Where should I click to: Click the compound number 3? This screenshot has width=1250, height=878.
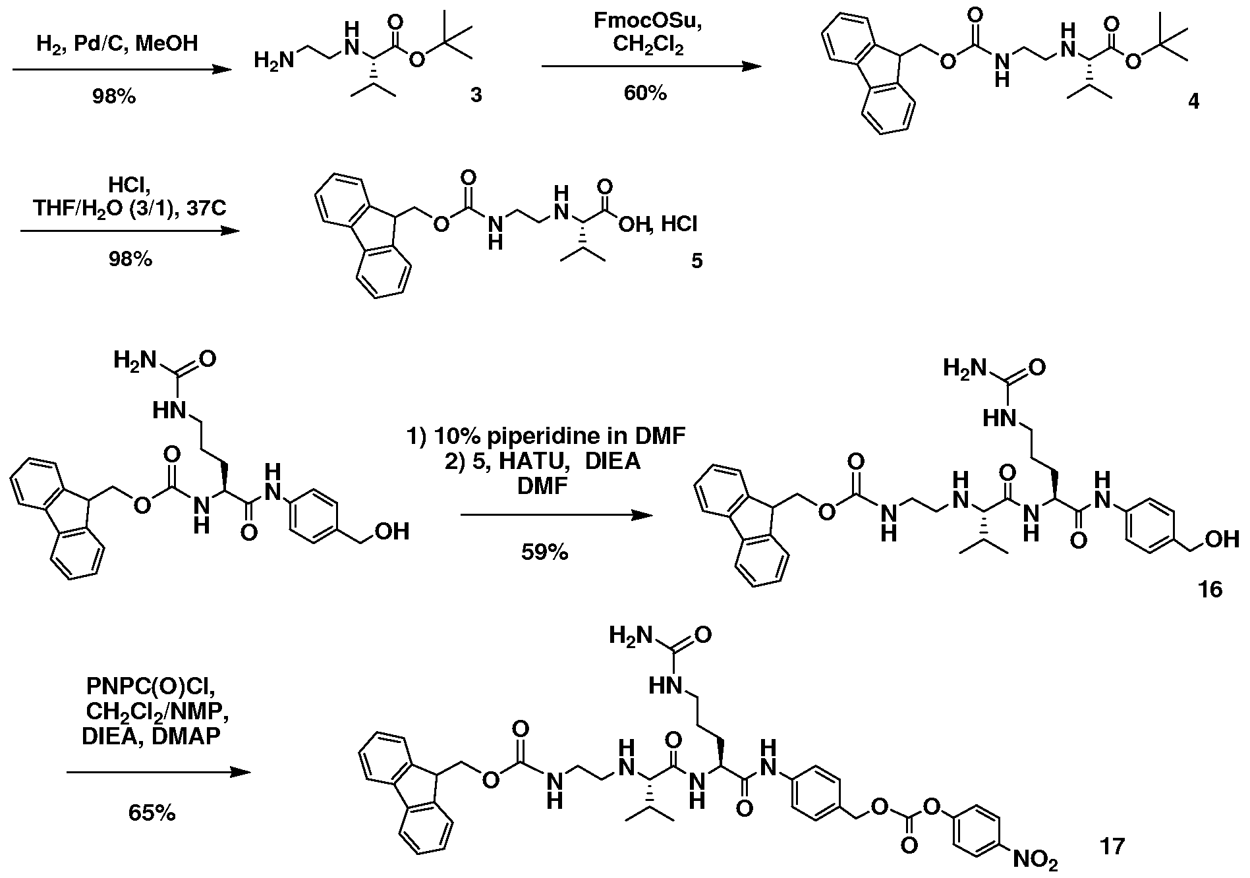tap(475, 96)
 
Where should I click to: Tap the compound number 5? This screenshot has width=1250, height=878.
tap(696, 261)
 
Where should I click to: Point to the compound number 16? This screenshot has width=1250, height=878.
tap(1210, 588)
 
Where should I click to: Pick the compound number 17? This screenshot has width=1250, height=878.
tap(1112, 846)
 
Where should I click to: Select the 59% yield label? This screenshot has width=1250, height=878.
tap(545, 553)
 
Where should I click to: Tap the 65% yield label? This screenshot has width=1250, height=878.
tap(152, 813)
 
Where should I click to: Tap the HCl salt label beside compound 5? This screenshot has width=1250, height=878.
tap(679, 225)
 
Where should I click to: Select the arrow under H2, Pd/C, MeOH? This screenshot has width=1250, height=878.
tap(123, 70)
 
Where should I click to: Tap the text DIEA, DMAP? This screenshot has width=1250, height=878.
tap(151, 736)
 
